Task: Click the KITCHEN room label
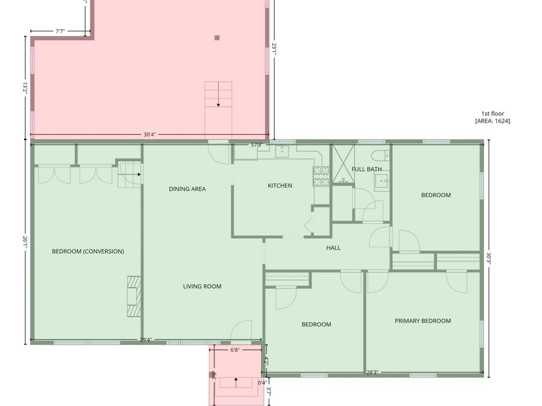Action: pyautogui.click(x=279, y=186)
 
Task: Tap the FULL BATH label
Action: pyautogui.click(x=367, y=170)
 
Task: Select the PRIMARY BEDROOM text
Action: pyautogui.click(x=422, y=321)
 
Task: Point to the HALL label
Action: pyautogui.click(x=333, y=248)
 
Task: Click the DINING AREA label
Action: pyautogui.click(x=187, y=189)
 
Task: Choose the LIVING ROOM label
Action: pyautogui.click(x=202, y=287)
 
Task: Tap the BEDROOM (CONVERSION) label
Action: pyautogui.click(x=88, y=251)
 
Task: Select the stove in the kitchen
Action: pyautogui.click(x=320, y=174)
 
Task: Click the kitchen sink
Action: pyautogui.click(x=282, y=151)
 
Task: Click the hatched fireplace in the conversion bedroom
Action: pyautogui.click(x=133, y=296)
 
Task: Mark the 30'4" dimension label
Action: pyautogui.click(x=149, y=135)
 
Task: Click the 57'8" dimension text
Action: pyautogui.click(x=257, y=145)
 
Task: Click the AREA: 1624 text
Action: pyautogui.click(x=493, y=121)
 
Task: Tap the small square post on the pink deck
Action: pyautogui.click(x=217, y=38)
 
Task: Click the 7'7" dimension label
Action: pyautogui.click(x=61, y=31)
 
